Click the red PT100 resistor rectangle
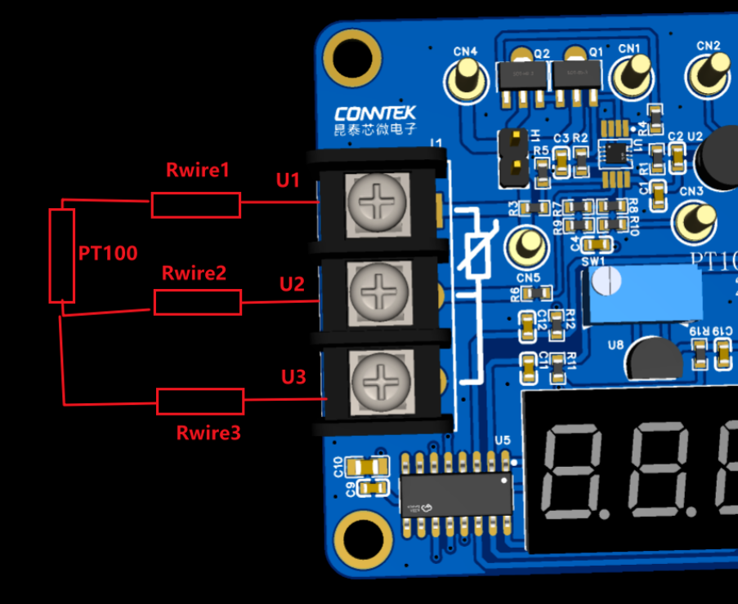tap(62, 255)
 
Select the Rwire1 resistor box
tap(196, 205)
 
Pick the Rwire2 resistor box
tap(198, 302)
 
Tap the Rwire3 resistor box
tap(200, 401)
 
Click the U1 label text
tap(288, 180)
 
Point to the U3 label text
tap(293, 376)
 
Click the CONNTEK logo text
tap(376, 113)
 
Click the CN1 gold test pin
tap(629, 76)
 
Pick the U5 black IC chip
tap(456, 494)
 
